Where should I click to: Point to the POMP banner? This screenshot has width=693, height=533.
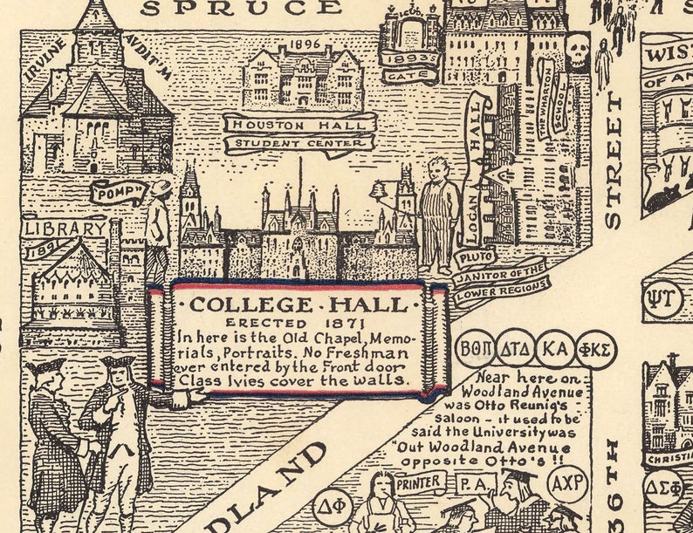tap(120, 192)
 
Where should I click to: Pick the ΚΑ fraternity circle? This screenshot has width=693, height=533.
tap(556, 350)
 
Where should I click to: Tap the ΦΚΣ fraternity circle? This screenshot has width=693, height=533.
tap(595, 350)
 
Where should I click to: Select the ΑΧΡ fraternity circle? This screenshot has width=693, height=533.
tap(566, 483)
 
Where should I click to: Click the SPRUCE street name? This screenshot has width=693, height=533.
tap(241, 8)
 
